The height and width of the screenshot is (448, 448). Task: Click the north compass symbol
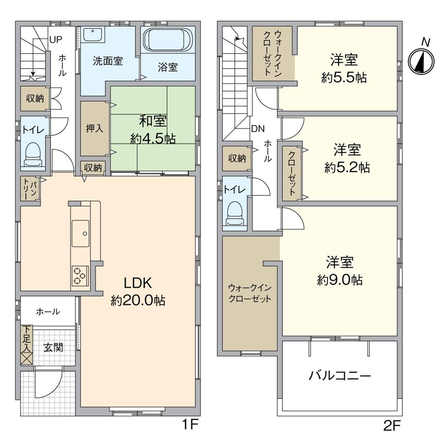tap(421, 61)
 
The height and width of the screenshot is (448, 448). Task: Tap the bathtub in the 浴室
tap(168, 40)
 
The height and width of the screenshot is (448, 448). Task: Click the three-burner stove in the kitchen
tap(80, 275)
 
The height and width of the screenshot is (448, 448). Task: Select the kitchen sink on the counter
tap(80, 233)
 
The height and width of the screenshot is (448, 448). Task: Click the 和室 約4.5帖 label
tap(153, 130)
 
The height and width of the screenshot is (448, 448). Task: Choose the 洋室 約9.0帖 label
tap(340, 271)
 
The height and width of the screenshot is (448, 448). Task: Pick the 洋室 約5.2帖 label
tap(347, 159)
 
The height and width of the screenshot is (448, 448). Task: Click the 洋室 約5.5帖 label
tap(344, 69)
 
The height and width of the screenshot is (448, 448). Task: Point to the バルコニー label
tap(340, 376)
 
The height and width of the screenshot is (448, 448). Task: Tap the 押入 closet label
tap(94, 129)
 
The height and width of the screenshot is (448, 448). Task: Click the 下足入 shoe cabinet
tap(27, 345)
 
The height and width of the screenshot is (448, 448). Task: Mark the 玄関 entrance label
tap(53, 348)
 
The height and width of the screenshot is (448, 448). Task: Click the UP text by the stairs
tap(55, 40)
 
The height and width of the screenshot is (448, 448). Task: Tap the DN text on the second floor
tap(257, 129)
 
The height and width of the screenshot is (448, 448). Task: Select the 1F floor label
tap(191, 425)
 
